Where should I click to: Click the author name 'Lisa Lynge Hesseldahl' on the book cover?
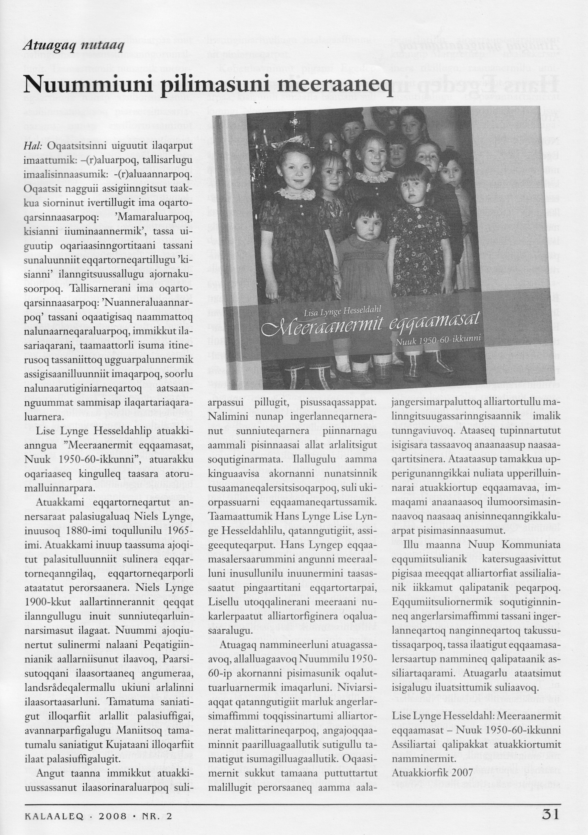[342, 310]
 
